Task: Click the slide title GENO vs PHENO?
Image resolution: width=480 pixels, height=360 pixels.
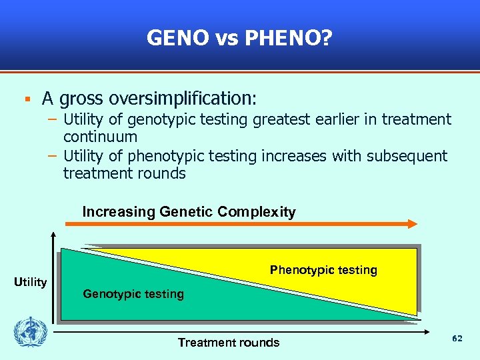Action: point(239,38)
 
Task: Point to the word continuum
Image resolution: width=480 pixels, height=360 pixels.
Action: point(100,137)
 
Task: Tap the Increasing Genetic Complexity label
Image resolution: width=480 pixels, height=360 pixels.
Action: point(189,212)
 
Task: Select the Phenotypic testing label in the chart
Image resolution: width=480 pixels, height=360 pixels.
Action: point(323,270)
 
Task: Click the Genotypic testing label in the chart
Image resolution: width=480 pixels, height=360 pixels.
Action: point(133,294)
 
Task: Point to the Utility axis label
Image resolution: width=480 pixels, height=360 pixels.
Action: point(31,282)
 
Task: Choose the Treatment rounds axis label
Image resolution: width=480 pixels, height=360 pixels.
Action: point(229,343)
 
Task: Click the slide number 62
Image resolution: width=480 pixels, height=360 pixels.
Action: point(457,339)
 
